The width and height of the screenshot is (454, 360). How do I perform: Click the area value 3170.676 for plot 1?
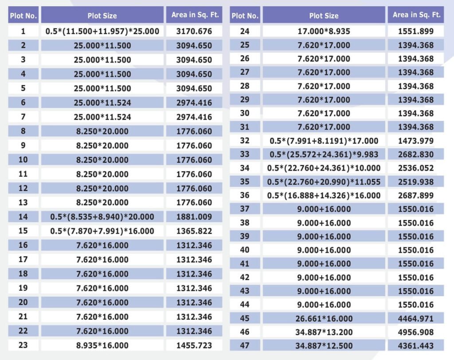point(194,31)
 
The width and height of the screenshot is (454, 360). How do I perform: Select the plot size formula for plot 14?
point(102,217)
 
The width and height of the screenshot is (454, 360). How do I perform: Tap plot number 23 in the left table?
point(23,345)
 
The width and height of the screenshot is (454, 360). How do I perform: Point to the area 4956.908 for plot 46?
point(416,332)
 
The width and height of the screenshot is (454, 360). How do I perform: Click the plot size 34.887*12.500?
point(324,345)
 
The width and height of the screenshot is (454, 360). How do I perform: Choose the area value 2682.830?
point(416,154)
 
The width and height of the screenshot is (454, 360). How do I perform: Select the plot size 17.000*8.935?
point(324,31)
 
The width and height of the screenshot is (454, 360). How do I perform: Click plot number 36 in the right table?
point(245,195)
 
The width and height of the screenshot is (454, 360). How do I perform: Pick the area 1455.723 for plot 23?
point(194,345)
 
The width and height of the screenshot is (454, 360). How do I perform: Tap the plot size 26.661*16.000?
point(324,318)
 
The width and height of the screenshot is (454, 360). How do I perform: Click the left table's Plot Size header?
point(102,16)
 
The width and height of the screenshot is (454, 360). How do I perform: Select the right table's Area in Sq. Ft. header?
point(416,15)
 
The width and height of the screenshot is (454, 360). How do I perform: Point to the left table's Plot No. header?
point(23,16)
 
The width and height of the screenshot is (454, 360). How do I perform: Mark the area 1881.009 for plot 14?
point(194,217)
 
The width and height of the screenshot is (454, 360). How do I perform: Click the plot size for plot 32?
point(324,141)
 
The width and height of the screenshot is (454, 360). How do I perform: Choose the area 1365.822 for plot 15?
point(194,231)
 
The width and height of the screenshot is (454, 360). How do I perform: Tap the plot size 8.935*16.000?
point(102,345)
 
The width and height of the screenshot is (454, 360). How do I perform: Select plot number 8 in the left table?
point(23,131)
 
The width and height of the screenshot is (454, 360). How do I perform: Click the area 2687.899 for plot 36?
point(416,195)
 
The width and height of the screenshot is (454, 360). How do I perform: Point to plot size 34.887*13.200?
point(324,332)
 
